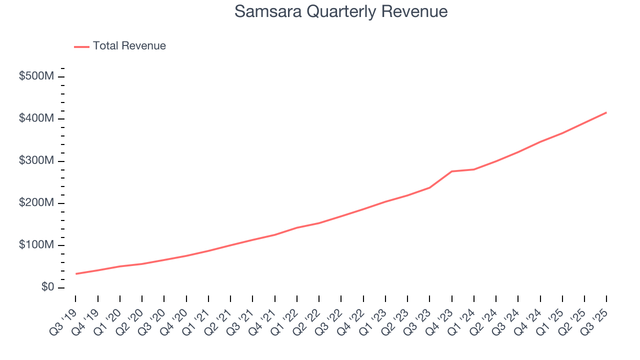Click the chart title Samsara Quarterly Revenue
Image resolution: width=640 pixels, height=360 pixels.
(x=340, y=11)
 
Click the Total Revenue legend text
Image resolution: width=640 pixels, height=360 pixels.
(x=129, y=46)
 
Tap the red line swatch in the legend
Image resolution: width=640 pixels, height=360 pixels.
(x=81, y=46)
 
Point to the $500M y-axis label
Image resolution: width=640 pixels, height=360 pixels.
(x=36, y=76)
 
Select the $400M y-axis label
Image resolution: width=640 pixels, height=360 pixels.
(x=36, y=119)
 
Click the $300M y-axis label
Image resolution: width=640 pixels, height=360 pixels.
(x=36, y=161)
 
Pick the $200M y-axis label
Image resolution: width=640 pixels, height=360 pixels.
(x=36, y=203)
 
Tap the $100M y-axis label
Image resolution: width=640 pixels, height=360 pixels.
(x=36, y=245)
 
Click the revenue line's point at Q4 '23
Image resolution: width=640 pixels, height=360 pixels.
(x=451, y=171)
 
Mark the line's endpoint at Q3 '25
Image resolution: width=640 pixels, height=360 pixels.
(x=606, y=112)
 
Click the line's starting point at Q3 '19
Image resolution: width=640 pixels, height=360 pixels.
(x=76, y=273)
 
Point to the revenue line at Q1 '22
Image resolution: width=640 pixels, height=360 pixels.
(x=297, y=227)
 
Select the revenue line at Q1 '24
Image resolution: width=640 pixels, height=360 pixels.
(x=473, y=169)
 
